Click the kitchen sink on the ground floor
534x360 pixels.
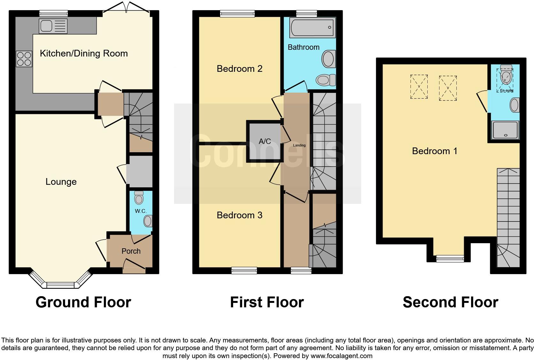(53, 26)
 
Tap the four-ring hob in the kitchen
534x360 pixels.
(24, 59)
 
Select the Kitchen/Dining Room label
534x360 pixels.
(84, 53)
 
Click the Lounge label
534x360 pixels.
(61, 182)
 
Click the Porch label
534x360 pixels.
(131, 251)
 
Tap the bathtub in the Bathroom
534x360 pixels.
(312, 27)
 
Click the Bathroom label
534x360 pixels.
(303, 47)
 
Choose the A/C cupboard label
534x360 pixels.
(265, 141)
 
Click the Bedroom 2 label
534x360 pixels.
(240, 69)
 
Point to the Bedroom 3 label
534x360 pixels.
(240, 215)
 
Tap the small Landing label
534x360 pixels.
(299, 146)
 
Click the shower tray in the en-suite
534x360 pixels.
(506, 130)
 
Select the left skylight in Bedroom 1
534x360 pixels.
(419, 86)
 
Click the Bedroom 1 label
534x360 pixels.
(435, 151)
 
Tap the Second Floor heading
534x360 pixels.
(450, 302)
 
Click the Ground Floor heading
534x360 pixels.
(83, 302)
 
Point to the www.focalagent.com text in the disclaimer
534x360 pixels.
(341, 356)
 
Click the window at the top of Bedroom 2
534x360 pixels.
(237, 13)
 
